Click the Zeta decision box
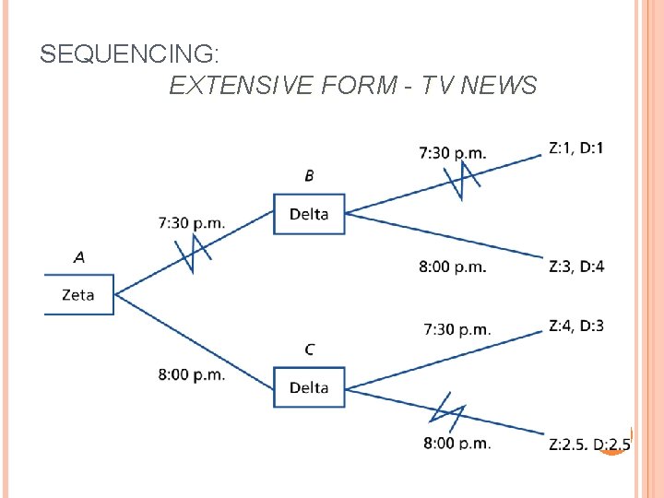pos(78,295)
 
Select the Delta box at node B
pos(309,214)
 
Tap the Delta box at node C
pos(309,387)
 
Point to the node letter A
pos(78,257)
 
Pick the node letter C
pos(309,350)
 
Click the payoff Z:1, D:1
pos(576,148)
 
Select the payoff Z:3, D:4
pos(576,267)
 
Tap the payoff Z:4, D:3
pos(576,326)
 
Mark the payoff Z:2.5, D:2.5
pos(589,445)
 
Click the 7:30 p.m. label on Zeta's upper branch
pos(192,222)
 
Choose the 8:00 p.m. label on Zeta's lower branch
pos(192,374)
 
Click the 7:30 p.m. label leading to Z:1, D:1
pos(453,152)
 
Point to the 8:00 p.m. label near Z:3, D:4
pos(453,267)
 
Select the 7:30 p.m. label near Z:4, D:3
pos(457,329)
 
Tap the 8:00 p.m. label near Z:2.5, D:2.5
pos(457,444)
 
